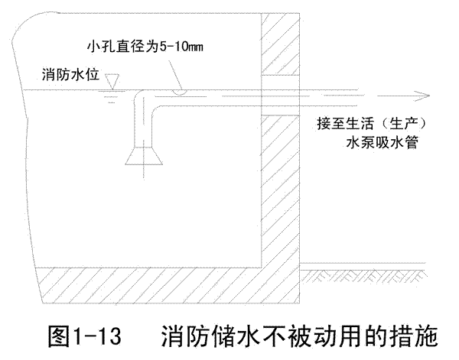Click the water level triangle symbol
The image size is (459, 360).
pos(112,80)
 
